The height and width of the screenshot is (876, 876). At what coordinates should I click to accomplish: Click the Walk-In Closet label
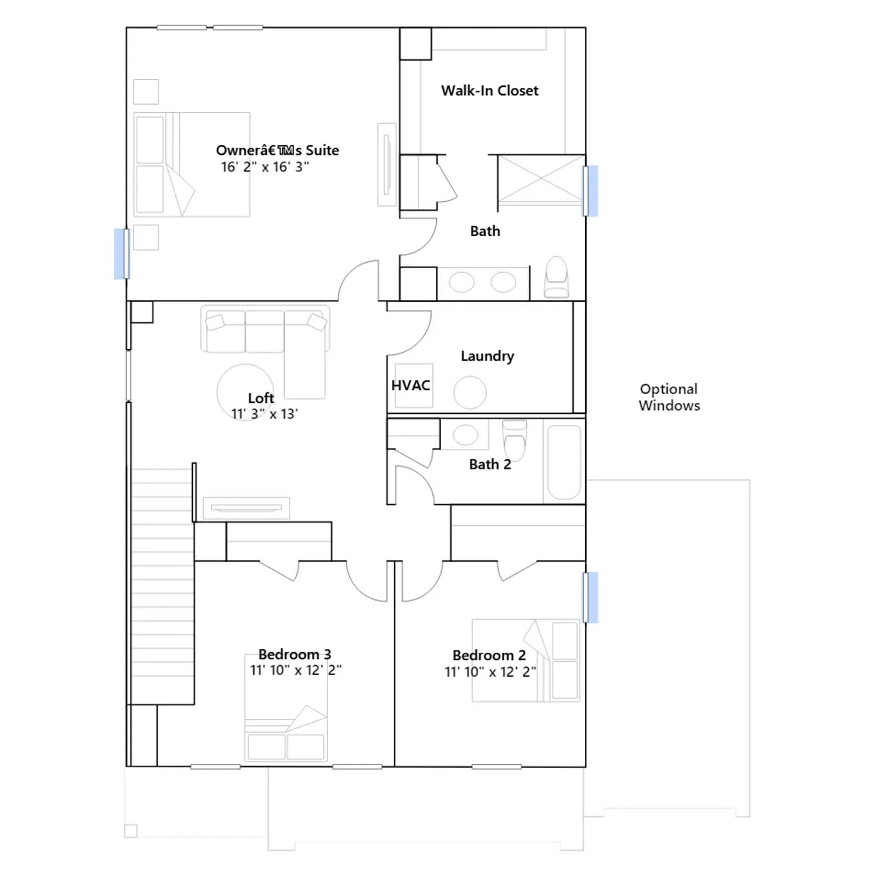(489, 90)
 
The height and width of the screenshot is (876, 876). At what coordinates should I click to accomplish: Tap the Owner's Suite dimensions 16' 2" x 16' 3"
(265, 167)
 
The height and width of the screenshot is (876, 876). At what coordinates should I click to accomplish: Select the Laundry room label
(487, 356)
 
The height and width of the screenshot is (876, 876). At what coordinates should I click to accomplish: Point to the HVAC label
(411, 385)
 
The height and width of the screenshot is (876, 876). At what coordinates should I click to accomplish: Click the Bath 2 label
(490, 464)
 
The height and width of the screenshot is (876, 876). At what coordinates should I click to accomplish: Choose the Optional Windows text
(669, 397)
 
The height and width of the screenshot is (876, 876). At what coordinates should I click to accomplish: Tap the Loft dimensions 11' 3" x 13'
(264, 414)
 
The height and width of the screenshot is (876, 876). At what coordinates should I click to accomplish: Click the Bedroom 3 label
(295, 654)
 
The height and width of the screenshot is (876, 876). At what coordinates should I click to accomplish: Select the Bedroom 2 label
(489, 655)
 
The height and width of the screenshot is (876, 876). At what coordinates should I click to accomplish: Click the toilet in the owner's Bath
(557, 277)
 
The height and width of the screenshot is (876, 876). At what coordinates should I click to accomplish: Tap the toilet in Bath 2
(515, 440)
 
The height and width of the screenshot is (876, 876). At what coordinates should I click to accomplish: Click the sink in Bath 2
(465, 435)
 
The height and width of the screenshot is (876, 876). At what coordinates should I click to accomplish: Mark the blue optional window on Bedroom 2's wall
(590, 597)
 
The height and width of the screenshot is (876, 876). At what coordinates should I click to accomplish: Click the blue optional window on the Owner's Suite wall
(122, 254)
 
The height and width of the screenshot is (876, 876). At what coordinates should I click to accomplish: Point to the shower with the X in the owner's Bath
(541, 180)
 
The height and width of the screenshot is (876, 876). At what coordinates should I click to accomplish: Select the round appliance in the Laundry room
(470, 393)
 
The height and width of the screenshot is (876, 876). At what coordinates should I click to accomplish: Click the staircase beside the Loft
(163, 586)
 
